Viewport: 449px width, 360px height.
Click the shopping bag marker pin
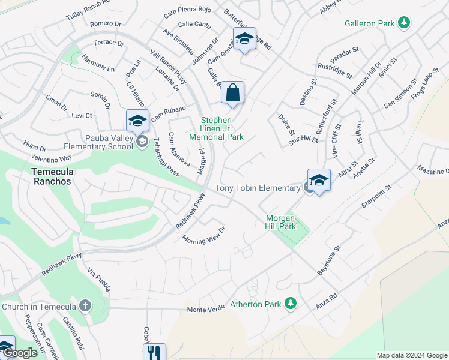coord(232,94)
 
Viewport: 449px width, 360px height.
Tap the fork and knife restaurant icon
coord(154,352)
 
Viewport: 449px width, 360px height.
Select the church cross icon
coord(85,306)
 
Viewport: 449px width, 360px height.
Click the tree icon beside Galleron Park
coord(405,23)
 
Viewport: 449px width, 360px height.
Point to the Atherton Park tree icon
coord(291,304)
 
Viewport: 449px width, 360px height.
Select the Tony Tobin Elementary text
coord(258,188)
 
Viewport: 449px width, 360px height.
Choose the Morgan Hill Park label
coord(280,222)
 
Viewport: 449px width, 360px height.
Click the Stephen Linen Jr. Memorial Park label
coord(222,128)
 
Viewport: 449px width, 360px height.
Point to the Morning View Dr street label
coord(204,233)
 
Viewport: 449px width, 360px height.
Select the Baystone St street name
coord(329,260)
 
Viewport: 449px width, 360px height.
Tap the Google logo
coord(20,353)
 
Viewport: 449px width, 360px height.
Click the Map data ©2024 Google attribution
coord(412,355)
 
